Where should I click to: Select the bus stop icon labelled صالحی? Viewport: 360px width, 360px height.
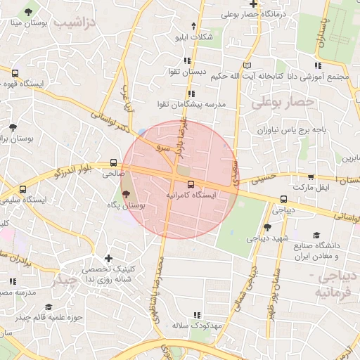coord(114,162)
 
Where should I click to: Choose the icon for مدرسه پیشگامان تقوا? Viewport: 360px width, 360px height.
coord(191,93)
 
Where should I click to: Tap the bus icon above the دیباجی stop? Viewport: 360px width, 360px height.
coord(283,199)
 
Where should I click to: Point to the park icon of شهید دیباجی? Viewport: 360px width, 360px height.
coord(267,227)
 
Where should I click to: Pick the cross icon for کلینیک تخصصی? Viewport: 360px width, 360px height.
coord(108,258)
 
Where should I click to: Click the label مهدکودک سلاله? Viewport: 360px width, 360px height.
coord(196,326)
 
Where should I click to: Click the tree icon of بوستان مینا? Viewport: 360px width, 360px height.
coord(27,13)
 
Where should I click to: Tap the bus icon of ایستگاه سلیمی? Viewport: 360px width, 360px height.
coord(23,189)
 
